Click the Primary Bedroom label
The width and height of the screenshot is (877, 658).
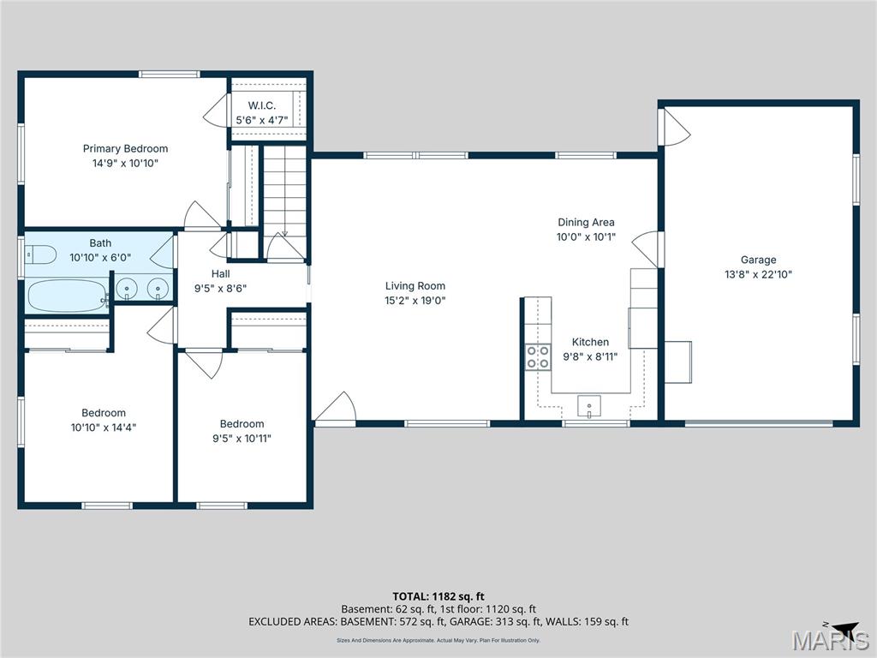pos(125,148)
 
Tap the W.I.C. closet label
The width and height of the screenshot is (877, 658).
pos(262,105)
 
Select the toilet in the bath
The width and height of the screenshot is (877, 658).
pos(39,254)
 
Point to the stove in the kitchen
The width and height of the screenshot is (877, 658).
pos(538,356)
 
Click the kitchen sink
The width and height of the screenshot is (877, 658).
pos(590,404)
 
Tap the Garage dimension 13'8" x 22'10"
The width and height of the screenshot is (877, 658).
pos(758,275)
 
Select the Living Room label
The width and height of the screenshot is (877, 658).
pos(415,286)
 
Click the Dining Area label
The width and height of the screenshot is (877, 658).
pos(586,223)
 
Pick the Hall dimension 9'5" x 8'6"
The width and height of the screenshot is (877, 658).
pos(221,289)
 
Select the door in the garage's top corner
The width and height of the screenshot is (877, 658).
pos(675,125)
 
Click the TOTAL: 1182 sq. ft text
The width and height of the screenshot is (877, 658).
pos(438,596)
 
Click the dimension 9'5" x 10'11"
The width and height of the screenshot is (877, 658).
pos(242,438)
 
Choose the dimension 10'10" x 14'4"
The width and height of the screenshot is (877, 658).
pos(104,427)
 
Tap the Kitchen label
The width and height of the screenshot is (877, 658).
pos(590,342)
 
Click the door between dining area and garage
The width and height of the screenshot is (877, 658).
pos(647,248)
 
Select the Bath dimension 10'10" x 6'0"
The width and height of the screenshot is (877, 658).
pos(100,257)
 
